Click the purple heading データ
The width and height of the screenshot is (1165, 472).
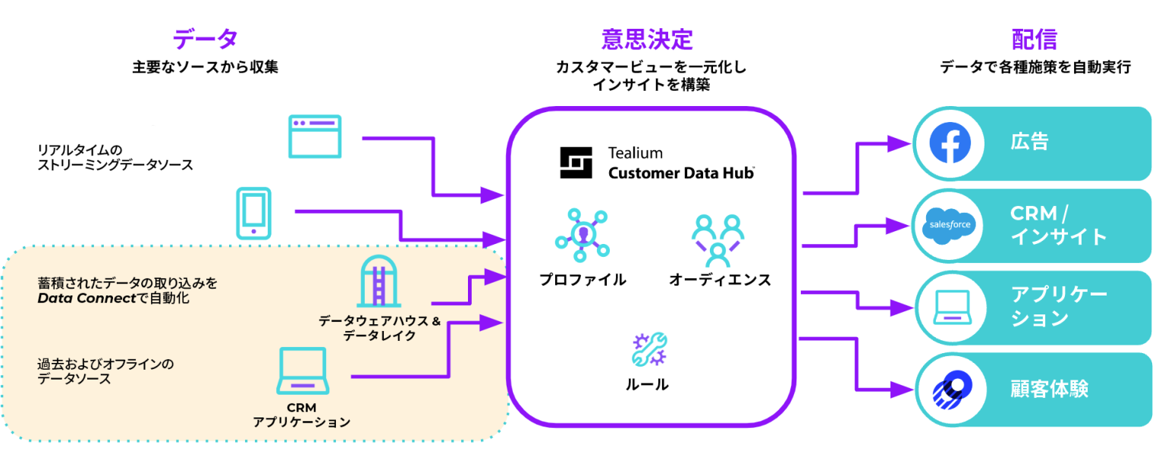click(x=205, y=39)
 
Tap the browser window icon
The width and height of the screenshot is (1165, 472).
click(x=315, y=136)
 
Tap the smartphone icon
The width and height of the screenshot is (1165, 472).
click(x=253, y=214)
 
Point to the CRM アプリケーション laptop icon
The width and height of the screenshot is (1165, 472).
click(x=302, y=371)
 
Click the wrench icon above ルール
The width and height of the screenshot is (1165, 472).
click(x=648, y=349)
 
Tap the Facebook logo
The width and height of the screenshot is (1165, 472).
click(x=950, y=142)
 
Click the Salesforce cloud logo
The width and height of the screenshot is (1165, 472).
click(x=950, y=225)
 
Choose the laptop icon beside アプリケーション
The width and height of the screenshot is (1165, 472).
click(x=950, y=306)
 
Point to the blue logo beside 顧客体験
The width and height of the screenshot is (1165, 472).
click(x=950, y=389)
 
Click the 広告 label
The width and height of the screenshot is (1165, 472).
click(x=1029, y=142)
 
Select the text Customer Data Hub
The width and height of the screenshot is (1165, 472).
click(x=680, y=173)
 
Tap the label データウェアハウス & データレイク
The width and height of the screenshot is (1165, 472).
click(x=379, y=328)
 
